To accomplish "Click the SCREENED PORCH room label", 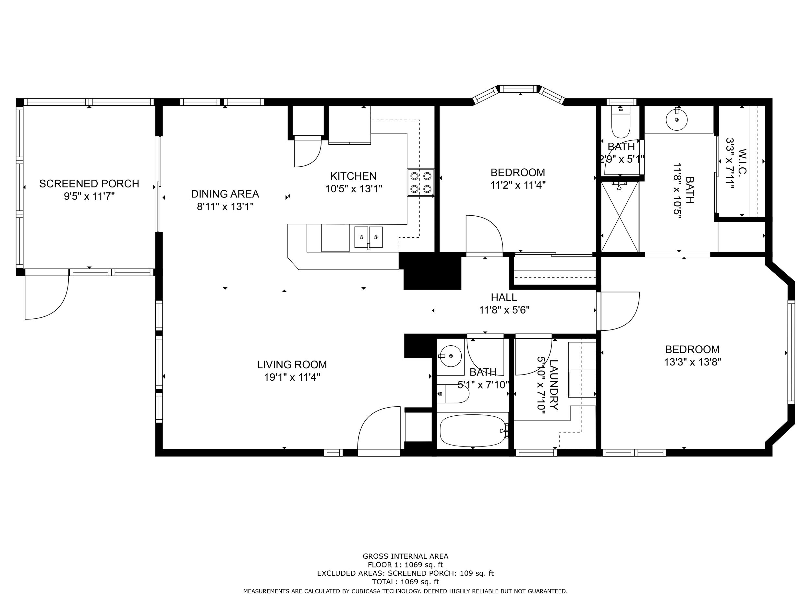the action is pos(89,184).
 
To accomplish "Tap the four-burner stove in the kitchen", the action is pos(420,183).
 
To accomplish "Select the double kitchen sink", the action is pos(368,237).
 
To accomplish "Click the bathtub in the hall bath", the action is pos(473,431).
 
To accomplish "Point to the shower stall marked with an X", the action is pos(620,217).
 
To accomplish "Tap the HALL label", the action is pos(504,297).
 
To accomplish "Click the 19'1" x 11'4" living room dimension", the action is pos(292,377).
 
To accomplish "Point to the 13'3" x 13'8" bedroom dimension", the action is pos(693,362).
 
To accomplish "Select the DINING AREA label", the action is pos(225,194).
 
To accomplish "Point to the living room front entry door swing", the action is pos(379,428).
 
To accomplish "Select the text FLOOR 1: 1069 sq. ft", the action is pos(405,565).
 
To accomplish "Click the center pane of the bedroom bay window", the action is pos(520,89).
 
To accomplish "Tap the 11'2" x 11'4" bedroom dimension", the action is pos(518,185).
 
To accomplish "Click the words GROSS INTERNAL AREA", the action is pos(405,556).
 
